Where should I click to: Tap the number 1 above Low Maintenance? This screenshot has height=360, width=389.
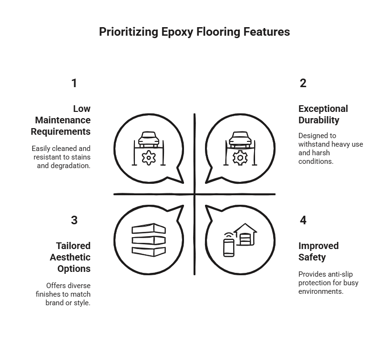[x=74, y=83]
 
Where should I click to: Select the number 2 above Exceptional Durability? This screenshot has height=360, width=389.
[x=303, y=83]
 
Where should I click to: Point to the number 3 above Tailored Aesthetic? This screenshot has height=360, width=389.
[x=74, y=220]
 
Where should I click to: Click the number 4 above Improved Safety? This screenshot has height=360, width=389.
[x=303, y=220]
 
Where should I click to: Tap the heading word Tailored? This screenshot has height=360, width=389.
[x=73, y=246]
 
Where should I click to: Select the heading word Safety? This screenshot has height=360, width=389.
[x=312, y=258]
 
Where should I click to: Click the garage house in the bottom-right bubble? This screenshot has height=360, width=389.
[x=246, y=234]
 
